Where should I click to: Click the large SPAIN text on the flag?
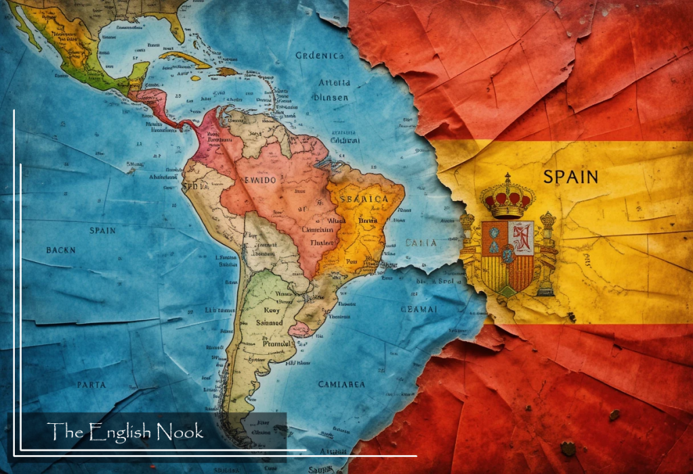(x=571, y=177)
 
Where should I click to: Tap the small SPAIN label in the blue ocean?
(x=103, y=230)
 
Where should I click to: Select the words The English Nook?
(x=125, y=431)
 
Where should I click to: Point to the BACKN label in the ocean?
(x=61, y=251)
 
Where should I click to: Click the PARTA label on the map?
(x=91, y=385)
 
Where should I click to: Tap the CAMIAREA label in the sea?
(x=341, y=384)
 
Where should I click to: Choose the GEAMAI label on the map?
(x=418, y=309)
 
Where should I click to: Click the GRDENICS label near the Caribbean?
(x=320, y=56)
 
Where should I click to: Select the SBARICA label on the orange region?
(x=365, y=199)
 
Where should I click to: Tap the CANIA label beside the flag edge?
(x=421, y=242)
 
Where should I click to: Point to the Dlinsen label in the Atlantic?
(x=332, y=98)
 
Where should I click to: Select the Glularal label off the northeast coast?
(x=345, y=140)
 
